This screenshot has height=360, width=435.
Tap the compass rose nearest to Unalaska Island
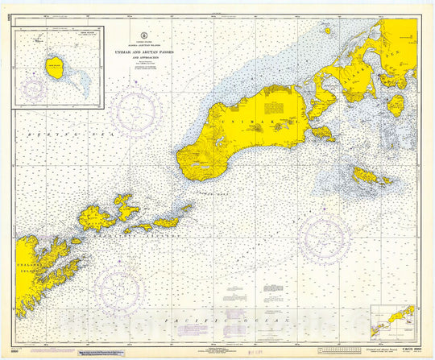click(118, 291)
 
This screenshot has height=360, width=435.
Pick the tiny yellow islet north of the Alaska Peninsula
click(328, 31)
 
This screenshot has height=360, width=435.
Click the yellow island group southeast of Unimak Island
click(371, 176)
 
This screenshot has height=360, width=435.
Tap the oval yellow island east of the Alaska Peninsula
click(396, 104)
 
